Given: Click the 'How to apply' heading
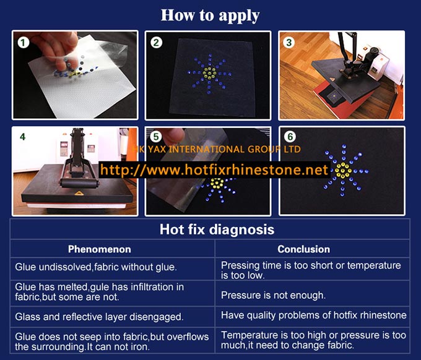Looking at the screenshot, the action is pyautogui.click(x=210, y=15).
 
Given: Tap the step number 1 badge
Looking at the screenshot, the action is pyautogui.click(x=23, y=43).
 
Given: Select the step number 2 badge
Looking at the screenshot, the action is pyautogui.click(x=156, y=43).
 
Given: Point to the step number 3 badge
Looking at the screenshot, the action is pyautogui.click(x=289, y=43).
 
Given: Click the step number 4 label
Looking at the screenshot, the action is pyautogui.click(x=22, y=137).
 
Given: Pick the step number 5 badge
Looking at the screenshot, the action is pyautogui.click(x=156, y=137).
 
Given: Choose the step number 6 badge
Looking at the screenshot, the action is pyautogui.click(x=290, y=137).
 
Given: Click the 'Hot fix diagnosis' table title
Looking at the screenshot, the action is pyautogui.click(x=217, y=229).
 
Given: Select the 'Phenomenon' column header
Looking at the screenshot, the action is pyautogui.click(x=100, y=249).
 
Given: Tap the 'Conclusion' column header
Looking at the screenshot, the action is pyautogui.click(x=303, y=249).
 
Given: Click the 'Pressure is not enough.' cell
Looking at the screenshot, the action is pyautogui.click(x=273, y=295).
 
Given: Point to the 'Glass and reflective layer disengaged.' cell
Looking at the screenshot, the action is pyautogui.click(x=99, y=317).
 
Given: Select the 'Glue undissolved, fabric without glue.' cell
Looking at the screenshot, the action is pyautogui.click(x=96, y=267).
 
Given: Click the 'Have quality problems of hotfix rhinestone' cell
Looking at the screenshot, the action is pyautogui.click(x=314, y=315).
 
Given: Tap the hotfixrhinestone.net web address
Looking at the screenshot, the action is pyautogui.click(x=214, y=170).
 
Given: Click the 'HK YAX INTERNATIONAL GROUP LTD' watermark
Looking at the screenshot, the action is pyautogui.click(x=217, y=149).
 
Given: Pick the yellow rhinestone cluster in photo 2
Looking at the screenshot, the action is pyautogui.click(x=209, y=72).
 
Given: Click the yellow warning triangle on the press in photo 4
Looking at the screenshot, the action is pyautogui.click(x=79, y=193).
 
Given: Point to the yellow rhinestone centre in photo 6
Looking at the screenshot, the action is pyautogui.click(x=343, y=171).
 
